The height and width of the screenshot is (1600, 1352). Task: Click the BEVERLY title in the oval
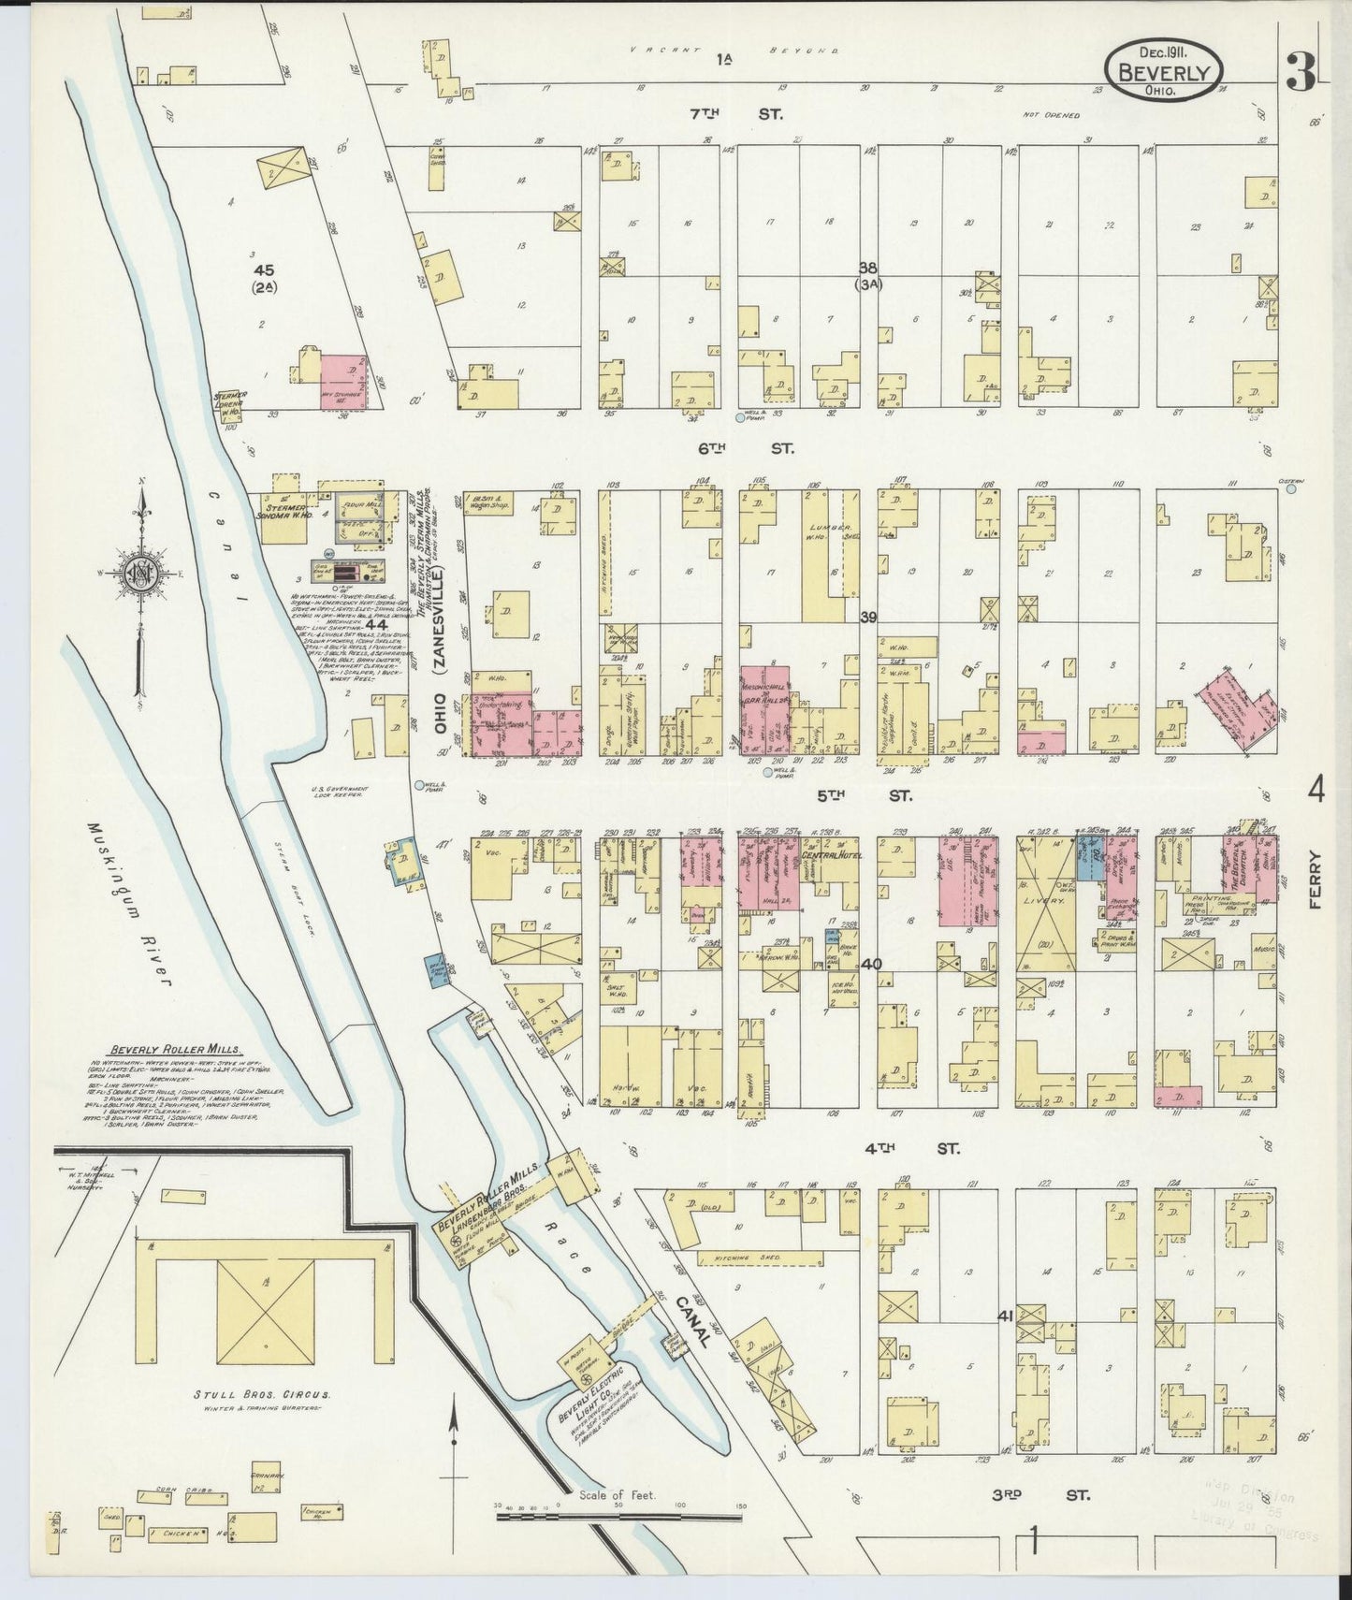[1165, 73]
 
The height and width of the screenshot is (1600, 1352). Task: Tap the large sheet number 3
[1299, 71]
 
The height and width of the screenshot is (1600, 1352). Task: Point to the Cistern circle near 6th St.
[1291, 487]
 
